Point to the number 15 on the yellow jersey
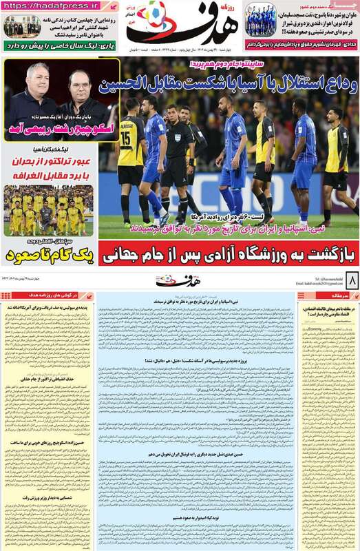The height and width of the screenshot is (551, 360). pyautogui.click(x=125, y=138)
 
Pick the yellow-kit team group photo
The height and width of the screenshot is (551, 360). pyautogui.click(x=48, y=211)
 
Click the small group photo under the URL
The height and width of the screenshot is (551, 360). pyautogui.click(x=21, y=26)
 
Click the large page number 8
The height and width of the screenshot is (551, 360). pyautogui.click(x=350, y=281)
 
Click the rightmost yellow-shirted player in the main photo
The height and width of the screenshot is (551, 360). pyautogui.click(x=335, y=162)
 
